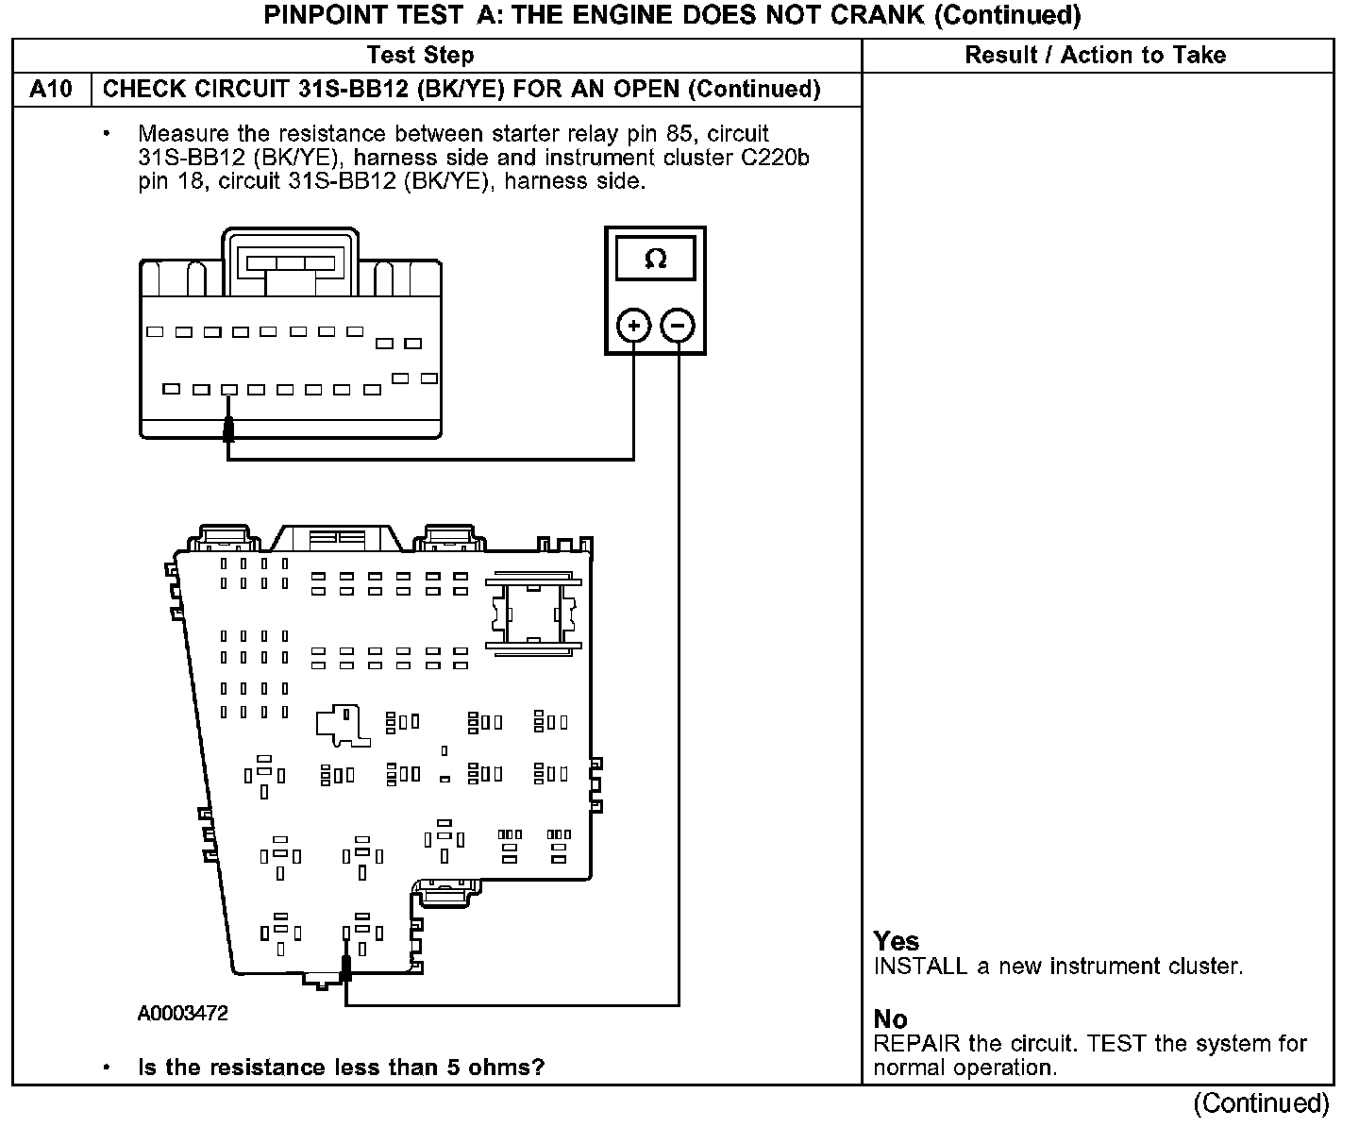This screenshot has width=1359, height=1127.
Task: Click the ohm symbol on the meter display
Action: (655, 259)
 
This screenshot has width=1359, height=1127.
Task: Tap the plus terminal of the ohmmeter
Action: (633, 327)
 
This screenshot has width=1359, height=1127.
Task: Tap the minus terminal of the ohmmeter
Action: (678, 327)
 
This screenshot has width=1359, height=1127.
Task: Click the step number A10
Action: (51, 90)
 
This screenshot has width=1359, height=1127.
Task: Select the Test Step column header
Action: (420, 56)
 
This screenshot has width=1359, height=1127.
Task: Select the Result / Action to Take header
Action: (1095, 56)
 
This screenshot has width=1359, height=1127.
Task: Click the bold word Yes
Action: (896, 941)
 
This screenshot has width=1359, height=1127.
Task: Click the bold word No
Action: (890, 1019)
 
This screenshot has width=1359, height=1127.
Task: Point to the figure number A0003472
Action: (183, 1014)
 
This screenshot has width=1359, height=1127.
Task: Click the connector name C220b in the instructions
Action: (774, 158)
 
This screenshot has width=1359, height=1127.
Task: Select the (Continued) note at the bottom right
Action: (1261, 1102)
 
